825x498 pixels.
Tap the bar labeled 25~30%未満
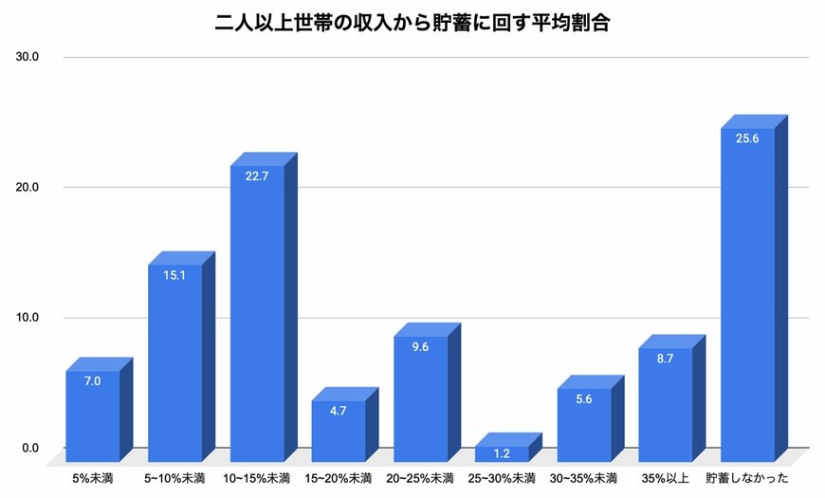click(502, 454)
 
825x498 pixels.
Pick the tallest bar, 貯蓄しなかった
click(747, 294)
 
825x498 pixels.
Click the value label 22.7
click(257, 175)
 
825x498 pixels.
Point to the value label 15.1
click(174, 275)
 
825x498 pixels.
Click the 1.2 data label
click(502, 453)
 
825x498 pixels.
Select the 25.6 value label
click(747, 138)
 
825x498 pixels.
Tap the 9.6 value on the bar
click(420, 347)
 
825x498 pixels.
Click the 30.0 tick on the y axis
click(27, 57)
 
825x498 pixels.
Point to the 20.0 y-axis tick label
click(27, 188)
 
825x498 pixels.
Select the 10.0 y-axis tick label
click(27, 318)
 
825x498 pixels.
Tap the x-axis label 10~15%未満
click(257, 478)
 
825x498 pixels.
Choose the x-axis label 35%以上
click(665, 478)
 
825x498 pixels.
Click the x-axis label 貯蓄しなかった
click(748, 478)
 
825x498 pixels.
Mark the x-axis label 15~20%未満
click(339, 478)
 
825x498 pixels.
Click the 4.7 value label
click(339, 412)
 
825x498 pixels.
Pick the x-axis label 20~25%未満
click(420, 478)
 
